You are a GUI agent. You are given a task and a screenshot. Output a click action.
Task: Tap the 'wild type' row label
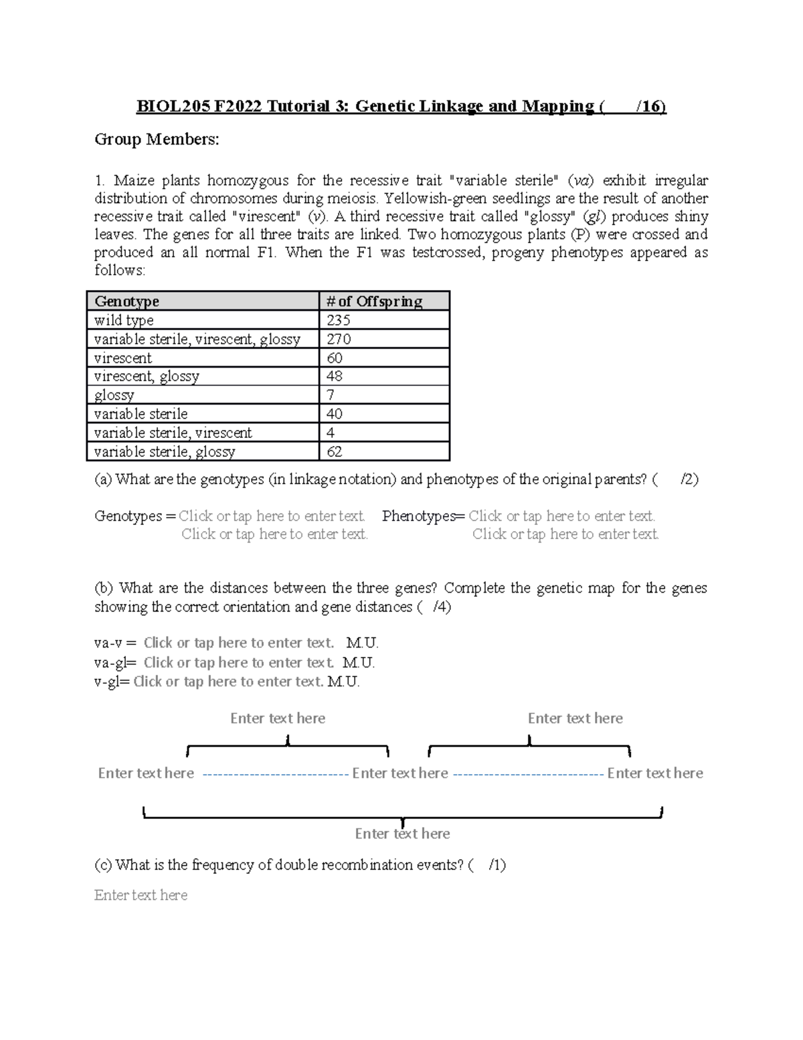coord(124,320)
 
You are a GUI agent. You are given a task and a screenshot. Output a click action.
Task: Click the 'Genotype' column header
coord(127,301)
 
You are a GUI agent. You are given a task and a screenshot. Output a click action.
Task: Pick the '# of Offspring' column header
coord(374,301)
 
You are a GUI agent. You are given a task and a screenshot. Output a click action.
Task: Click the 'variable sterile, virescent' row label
coord(173,433)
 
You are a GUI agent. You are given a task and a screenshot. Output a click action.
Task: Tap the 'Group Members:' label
coord(157,139)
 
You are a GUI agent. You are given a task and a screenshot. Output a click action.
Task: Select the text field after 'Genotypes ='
coord(272,516)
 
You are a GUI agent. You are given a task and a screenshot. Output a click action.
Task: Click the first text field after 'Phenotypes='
coord(561,516)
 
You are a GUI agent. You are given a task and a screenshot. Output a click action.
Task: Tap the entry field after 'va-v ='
coord(238,643)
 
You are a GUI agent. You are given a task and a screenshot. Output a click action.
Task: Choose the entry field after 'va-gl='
coord(238,663)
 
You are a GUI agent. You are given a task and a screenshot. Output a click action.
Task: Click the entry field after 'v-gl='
coord(228,682)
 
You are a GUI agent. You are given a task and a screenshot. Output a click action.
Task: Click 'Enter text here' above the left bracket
coord(278,719)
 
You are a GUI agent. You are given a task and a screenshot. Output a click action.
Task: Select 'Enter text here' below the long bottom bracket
coord(402,834)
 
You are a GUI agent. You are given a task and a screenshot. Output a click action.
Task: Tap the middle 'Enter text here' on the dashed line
coord(400,773)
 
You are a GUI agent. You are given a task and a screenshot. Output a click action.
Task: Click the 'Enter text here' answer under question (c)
coord(141,895)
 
